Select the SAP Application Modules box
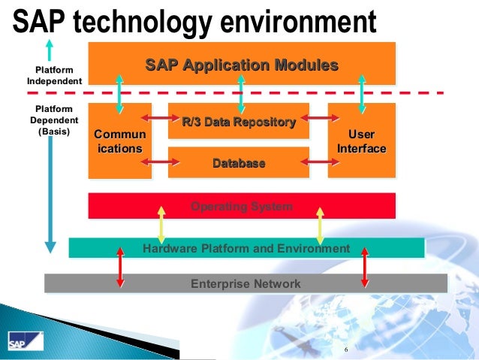point(241,65)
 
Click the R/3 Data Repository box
point(238,122)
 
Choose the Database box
point(238,162)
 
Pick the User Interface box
point(361,141)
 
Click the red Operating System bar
point(241,206)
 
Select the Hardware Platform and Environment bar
point(246,248)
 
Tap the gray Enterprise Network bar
point(246,283)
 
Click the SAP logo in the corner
point(17,343)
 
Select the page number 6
point(346,351)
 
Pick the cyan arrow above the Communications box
point(119,92)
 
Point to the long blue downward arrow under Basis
point(50,195)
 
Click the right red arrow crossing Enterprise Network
point(364,268)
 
